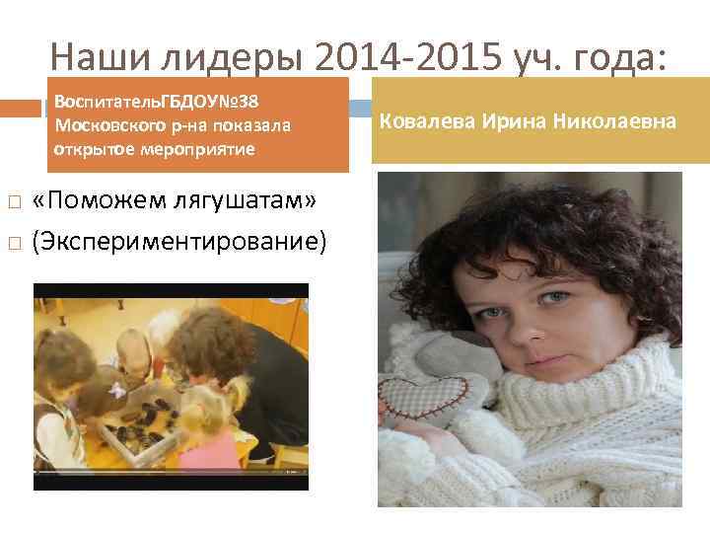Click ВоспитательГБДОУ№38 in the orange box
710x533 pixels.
pyautogui.click(x=157, y=103)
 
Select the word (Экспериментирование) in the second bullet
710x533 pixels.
pyautogui.click(x=178, y=240)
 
